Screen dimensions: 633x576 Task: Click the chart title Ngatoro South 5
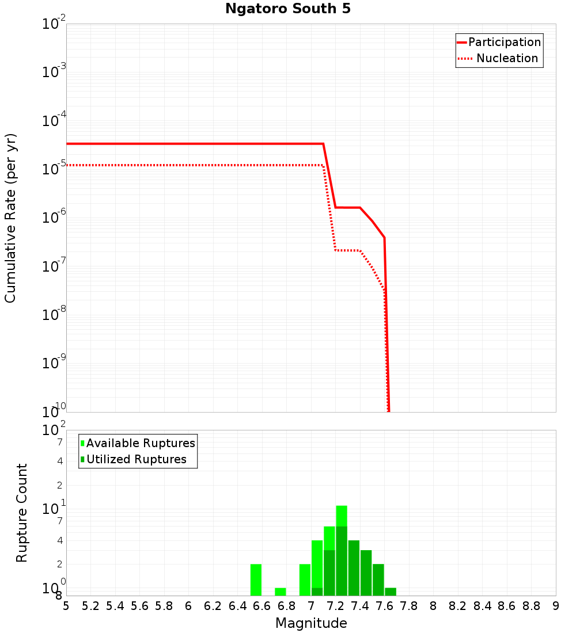click(287, 9)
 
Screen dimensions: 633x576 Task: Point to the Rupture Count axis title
click(22, 513)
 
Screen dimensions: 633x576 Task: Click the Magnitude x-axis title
click(311, 623)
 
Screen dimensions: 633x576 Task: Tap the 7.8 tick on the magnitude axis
click(409, 606)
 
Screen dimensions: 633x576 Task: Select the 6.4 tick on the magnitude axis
click(237, 606)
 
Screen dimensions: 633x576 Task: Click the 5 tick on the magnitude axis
click(66, 606)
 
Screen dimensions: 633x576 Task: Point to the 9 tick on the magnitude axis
click(556, 606)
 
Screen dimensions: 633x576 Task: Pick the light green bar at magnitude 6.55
click(256, 579)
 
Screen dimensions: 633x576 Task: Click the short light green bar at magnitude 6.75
click(281, 592)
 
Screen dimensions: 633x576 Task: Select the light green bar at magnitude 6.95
click(305, 579)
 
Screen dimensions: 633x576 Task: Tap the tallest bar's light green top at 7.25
click(342, 516)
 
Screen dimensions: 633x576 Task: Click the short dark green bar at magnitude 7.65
click(391, 592)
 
